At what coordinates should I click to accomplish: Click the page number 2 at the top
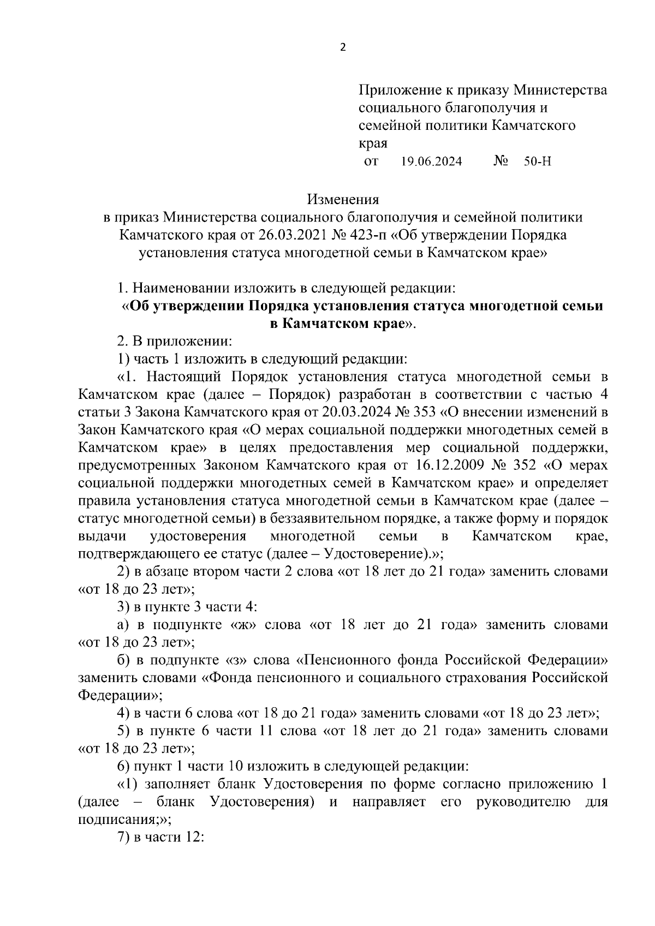coord(343,47)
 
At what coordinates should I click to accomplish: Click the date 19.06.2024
coord(431,162)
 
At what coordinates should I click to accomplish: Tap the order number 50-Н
coord(537,162)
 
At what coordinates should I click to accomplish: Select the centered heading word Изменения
coord(343,199)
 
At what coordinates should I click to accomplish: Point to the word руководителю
coord(524,802)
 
